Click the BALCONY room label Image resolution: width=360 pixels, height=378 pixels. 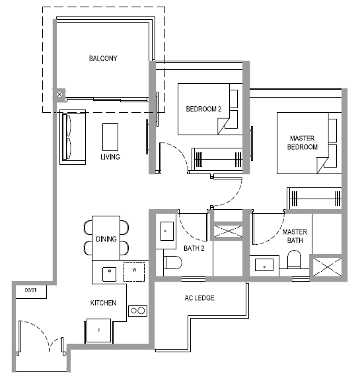coord(103,58)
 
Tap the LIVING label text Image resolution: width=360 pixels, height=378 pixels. coord(110,157)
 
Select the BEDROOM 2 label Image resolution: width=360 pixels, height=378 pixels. coord(203,109)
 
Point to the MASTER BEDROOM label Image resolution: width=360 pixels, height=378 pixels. coord(303,142)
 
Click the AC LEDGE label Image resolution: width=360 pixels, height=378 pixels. coord(199,298)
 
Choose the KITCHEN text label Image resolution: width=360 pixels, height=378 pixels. coord(103,303)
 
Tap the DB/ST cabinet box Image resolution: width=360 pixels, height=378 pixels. coord(31,292)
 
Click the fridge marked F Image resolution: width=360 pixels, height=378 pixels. coord(99,331)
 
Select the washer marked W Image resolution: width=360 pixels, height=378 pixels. coord(134,271)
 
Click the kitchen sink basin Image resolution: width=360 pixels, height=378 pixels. coord(110,274)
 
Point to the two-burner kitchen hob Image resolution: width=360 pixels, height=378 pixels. coord(137,311)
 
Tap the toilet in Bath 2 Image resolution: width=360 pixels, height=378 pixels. coord(172,263)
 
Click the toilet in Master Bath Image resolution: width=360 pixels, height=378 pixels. coord(294,259)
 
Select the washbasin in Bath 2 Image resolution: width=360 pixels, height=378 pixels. coord(167,231)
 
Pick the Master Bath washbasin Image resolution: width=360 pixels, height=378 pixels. coord(264,265)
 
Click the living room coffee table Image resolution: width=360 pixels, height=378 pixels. coord(110,137)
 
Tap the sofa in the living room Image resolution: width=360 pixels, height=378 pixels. coord(73,137)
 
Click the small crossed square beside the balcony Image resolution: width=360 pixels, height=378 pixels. coord(59,94)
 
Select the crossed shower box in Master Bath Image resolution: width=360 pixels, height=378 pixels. coord(327,267)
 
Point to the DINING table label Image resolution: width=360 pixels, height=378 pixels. coord(106,239)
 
